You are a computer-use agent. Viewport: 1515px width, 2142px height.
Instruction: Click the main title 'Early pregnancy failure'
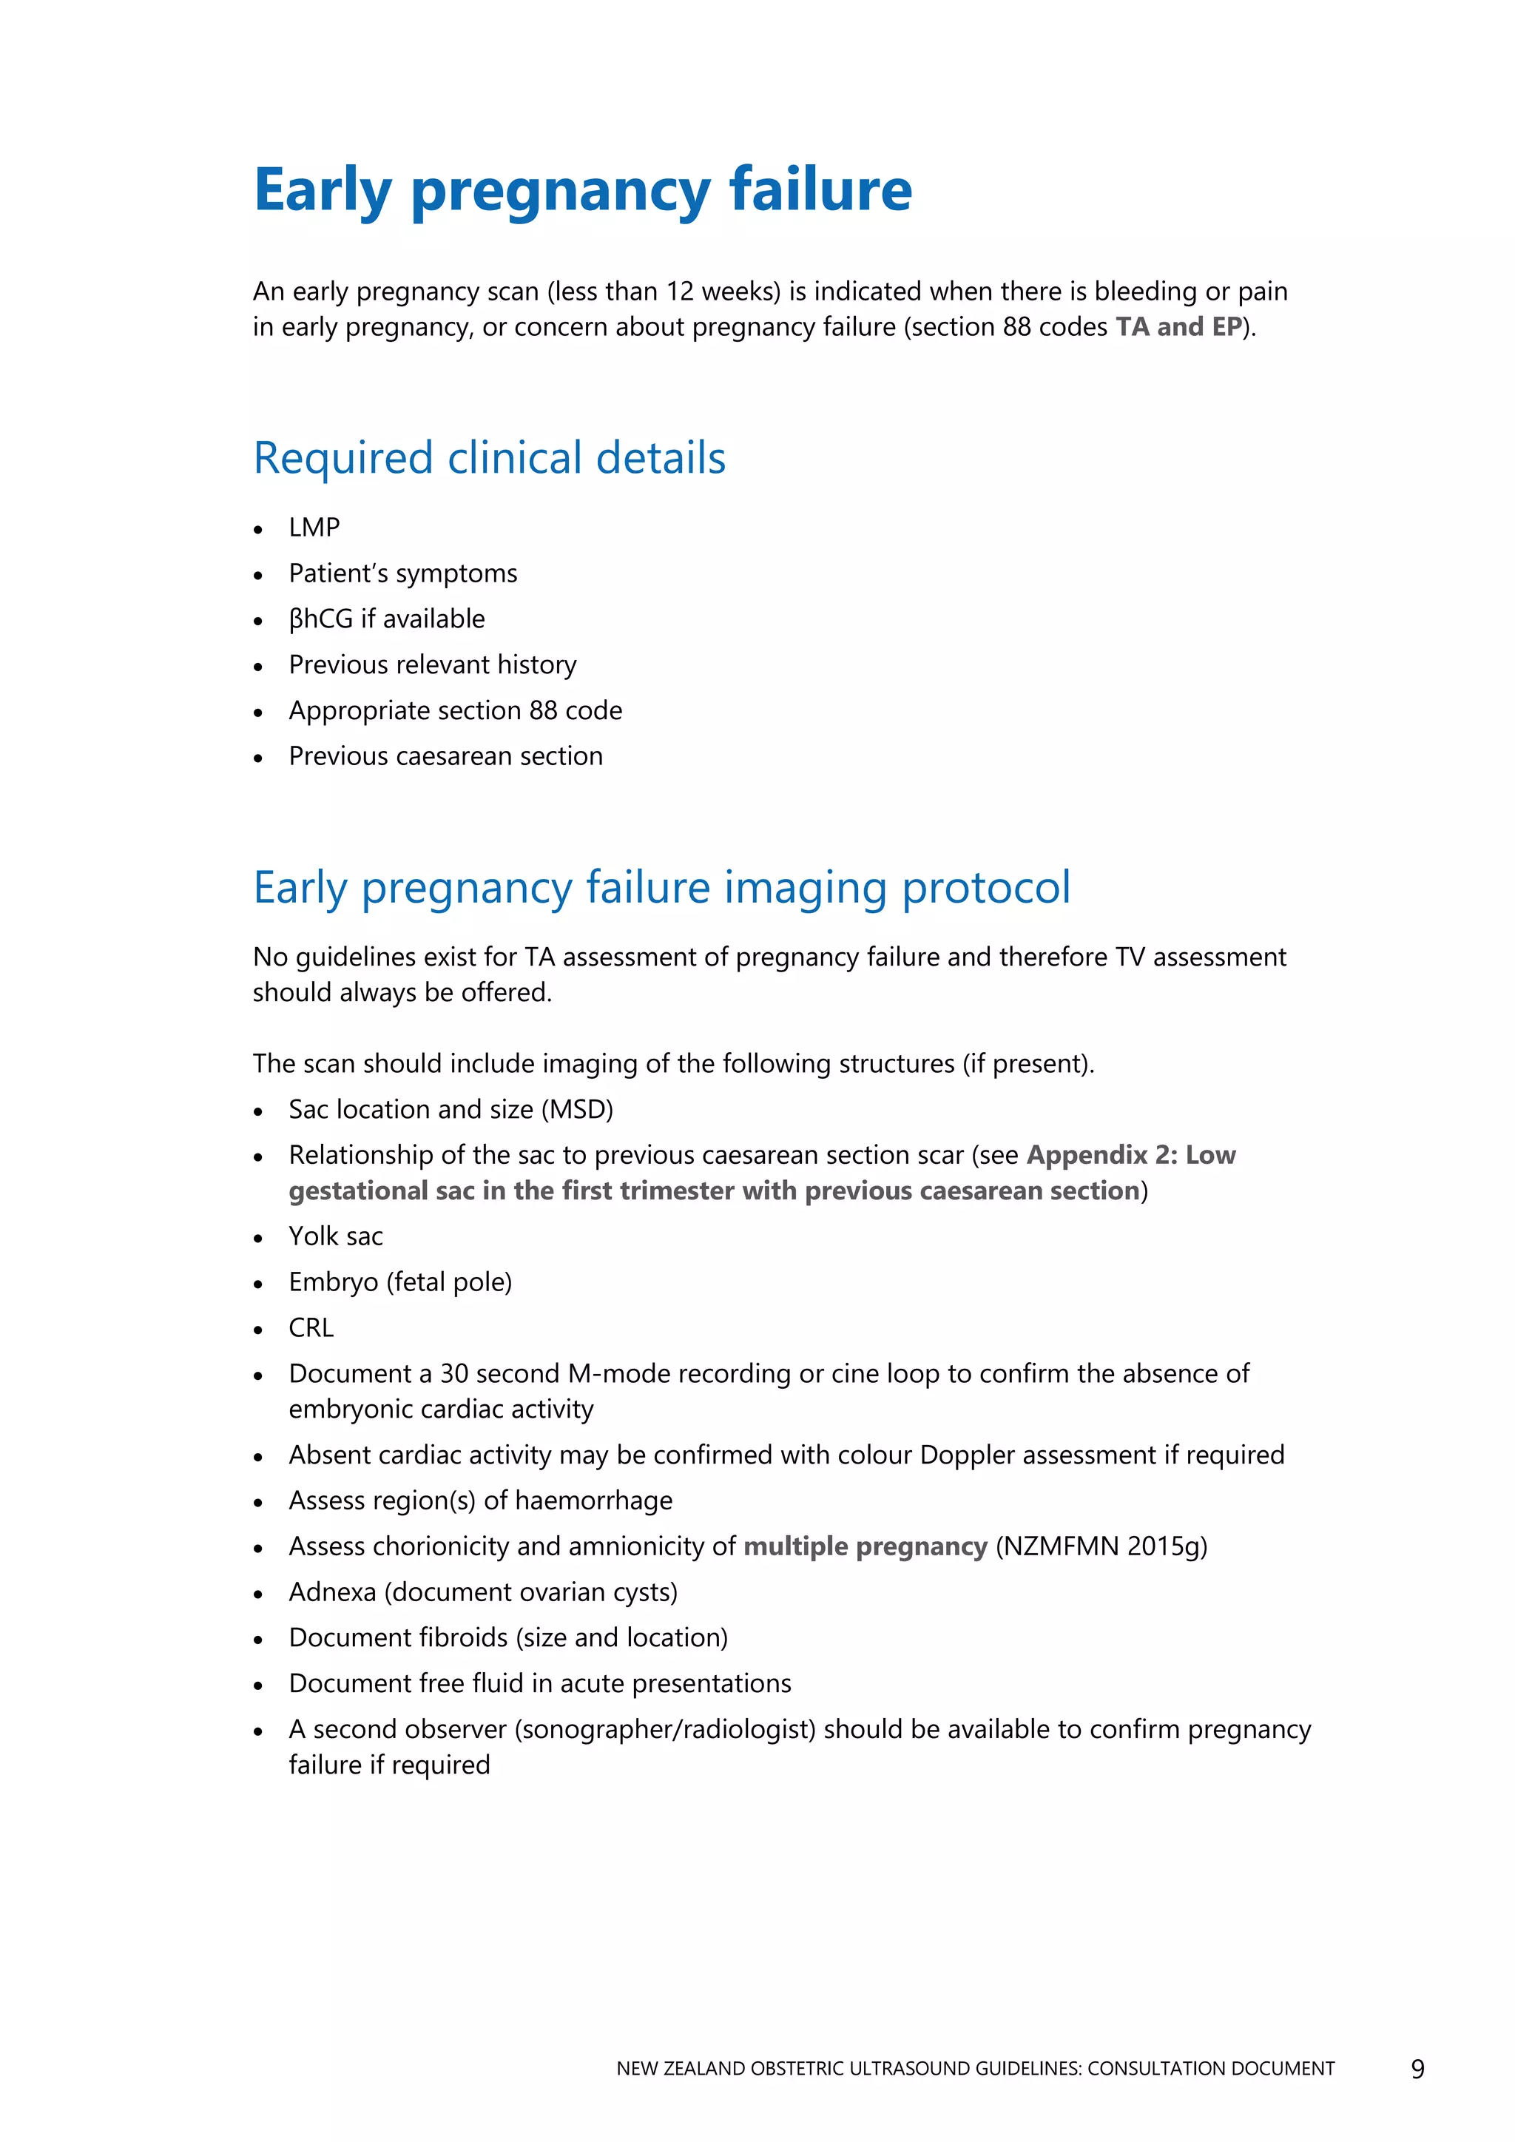pyautogui.click(x=582, y=190)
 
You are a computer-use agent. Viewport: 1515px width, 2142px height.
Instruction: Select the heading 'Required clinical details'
pyautogui.click(x=489, y=458)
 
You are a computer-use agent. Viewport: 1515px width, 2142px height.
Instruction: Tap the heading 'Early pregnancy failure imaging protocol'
pyautogui.click(x=661, y=887)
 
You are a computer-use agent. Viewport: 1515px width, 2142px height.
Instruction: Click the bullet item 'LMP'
pyautogui.click(x=314, y=528)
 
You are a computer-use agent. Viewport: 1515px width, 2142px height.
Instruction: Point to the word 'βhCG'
pyautogui.click(x=321, y=619)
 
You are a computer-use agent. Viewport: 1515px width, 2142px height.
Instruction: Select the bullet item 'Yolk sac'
pyautogui.click(x=336, y=1237)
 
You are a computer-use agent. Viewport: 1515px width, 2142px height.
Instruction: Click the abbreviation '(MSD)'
pyautogui.click(x=578, y=1110)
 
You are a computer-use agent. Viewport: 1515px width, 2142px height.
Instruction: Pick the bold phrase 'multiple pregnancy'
pyautogui.click(x=865, y=1547)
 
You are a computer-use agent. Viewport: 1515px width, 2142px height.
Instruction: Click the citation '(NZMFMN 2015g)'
pyautogui.click(x=1101, y=1547)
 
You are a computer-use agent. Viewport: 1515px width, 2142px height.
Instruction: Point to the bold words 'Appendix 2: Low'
pyautogui.click(x=1130, y=1156)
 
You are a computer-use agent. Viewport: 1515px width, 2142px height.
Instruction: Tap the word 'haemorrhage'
pyautogui.click(x=593, y=1501)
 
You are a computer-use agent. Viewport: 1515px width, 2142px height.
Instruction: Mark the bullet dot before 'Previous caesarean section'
pyautogui.click(x=258, y=758)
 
